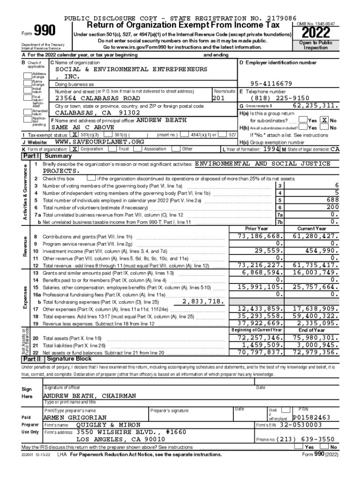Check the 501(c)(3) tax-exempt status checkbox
[x=75, y=135]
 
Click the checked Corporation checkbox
[x=75, y=149]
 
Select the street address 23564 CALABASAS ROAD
[x=98, y=98]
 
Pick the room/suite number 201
[x=219, y=98]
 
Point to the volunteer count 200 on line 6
[x=330, y=207]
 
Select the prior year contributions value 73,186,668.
[x=260, y=236]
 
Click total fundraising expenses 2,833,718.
[x=204, y=301]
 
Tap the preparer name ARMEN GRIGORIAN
[x=75, y=417]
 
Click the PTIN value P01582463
[x=311, y=417]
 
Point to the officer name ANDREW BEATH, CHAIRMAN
[x=90, y=396]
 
